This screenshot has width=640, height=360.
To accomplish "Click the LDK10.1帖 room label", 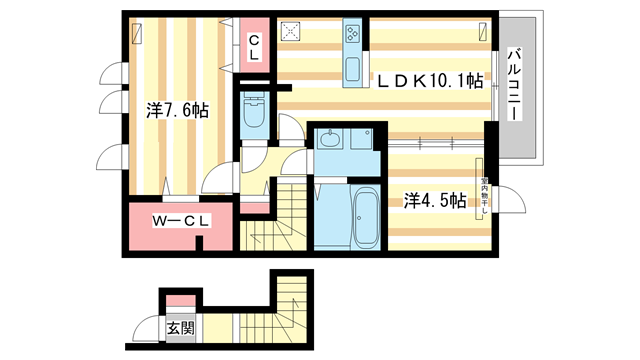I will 430,82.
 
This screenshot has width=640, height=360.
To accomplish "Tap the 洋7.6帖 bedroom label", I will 177,111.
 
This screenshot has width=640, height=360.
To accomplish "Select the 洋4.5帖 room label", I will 435,201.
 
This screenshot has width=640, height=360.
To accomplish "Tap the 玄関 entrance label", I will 180,327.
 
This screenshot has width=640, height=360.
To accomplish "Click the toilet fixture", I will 252,114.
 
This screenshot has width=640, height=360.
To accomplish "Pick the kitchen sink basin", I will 354,71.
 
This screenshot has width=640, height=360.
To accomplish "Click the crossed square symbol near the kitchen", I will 293,32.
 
